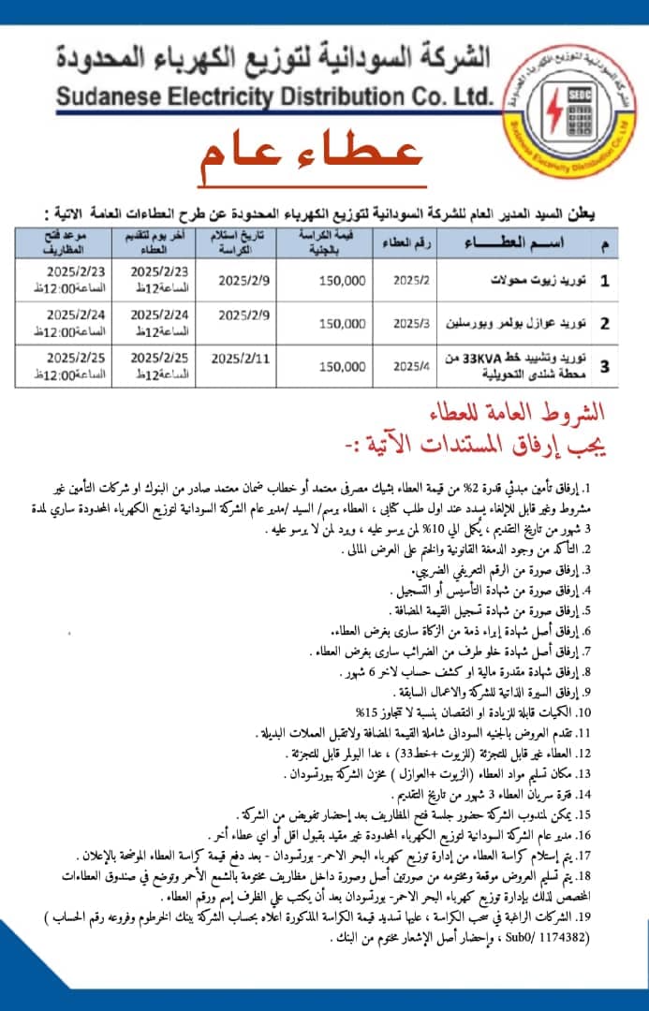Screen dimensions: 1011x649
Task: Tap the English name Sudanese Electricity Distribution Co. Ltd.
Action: (x=273, y=95)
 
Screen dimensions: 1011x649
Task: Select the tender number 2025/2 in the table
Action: (x=409, y=280)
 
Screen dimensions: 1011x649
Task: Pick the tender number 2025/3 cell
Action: (x=409, y=324)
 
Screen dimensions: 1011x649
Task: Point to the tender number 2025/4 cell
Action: (x=409, y=367)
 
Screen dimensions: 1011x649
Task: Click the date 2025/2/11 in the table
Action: (x=240, y=358)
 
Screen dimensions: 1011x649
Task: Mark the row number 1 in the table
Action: (x=604, y=280)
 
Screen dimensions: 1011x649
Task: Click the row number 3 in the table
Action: (x=604, y=367)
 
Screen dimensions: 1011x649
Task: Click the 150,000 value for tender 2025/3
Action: (x=342, y=324)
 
